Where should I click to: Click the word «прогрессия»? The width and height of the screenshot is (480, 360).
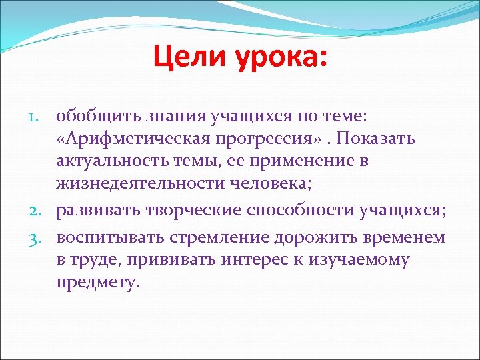point(254,139)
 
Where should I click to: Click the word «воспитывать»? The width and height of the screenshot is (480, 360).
point(107,238)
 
